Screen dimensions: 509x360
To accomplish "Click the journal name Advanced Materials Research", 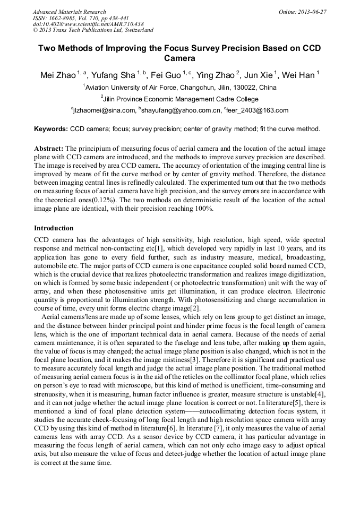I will tap(70, 12).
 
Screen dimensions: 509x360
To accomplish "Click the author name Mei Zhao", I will tap(57, 75).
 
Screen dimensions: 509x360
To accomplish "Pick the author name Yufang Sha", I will tap(113, 75).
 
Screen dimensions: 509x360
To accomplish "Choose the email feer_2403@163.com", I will tap(258, 110).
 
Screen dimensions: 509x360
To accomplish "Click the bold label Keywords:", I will tap(51, 129).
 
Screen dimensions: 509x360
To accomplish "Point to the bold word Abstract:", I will tap(49, 149).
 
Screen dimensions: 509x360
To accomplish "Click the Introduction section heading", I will tap(54, 228).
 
